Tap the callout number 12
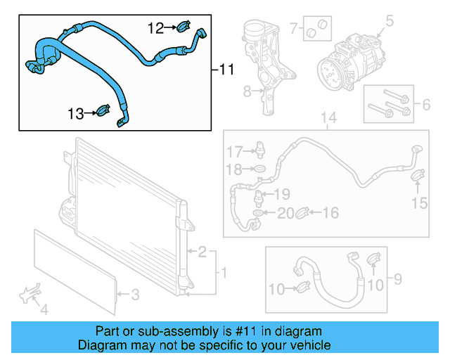pos(155,28)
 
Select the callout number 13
pos(76,112)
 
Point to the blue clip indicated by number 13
pos(103,111)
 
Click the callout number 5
pos(389,22)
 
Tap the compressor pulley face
pos(328,70)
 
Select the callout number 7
pos(293,29)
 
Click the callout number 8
pos(247,91)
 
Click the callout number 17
pos(233,151)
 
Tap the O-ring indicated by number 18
pos(259,169)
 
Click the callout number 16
pos(330,212)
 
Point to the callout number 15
pos(419,204)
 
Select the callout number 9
pos(397,281)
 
